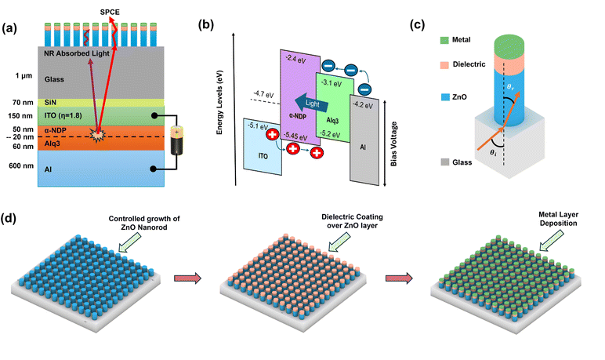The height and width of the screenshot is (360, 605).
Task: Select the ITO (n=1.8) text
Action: pos(67,116)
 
